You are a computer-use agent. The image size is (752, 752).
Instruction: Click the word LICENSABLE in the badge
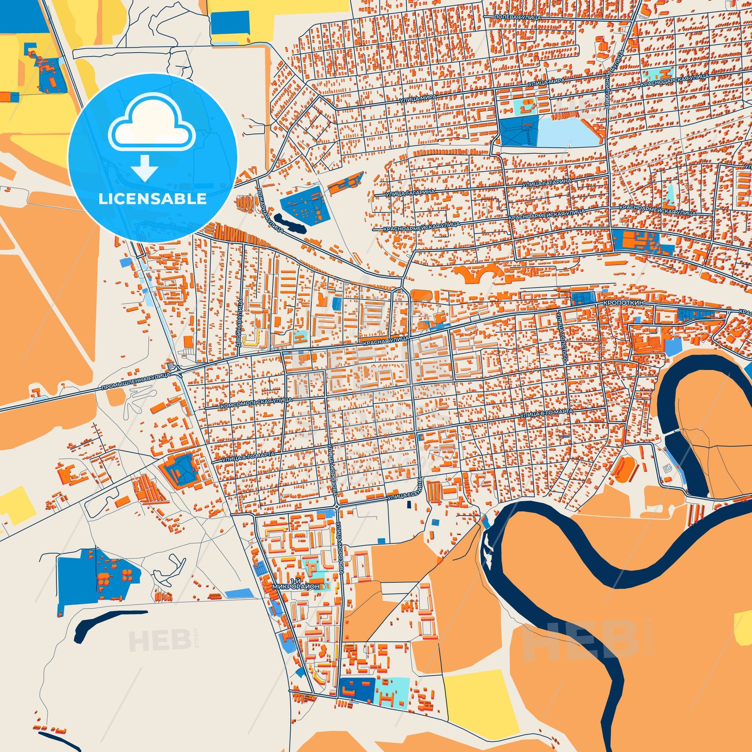152,199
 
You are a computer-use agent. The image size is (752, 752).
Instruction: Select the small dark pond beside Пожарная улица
290,223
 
